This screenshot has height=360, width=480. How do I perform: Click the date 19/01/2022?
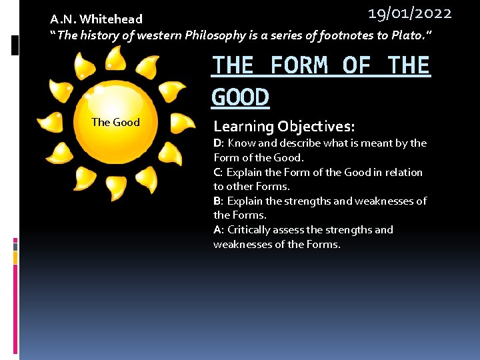(410, 13)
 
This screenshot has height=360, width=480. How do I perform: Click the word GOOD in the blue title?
(240, 97)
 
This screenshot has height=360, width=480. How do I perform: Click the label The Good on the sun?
(115, 122)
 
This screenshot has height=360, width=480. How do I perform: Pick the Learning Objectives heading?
(284, 126)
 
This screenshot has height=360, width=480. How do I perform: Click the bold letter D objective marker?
(217, 143)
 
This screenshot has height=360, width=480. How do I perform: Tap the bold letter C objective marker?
(217, 172)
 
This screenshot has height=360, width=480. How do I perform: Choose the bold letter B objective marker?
(217, 201)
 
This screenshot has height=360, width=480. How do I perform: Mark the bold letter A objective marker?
(217, 229)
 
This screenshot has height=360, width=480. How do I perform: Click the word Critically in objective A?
(250, 229)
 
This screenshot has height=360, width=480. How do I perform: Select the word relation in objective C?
(403, 172)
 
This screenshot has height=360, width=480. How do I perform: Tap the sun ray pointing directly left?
(51, 122)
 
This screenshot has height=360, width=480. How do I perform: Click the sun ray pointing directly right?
(181, 123)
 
